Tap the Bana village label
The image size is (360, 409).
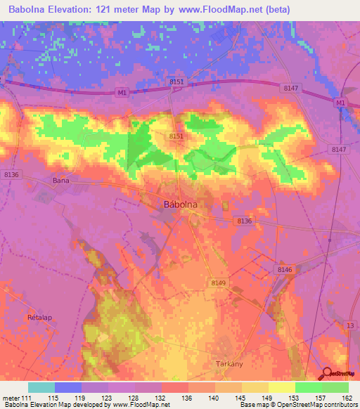click(x=61, y=180)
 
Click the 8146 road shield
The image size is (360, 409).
click(x=284, y=269)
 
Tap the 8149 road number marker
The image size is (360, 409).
click(x=218, y=282)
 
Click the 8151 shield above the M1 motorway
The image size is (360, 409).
click(x=176, y=82)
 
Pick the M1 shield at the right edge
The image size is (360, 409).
click(x=341, y=103)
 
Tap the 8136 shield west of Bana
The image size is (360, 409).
click(x=12, y=174)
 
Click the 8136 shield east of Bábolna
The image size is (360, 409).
click(x=244, y=221)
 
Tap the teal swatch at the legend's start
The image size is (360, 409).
click(x=41, y=387)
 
